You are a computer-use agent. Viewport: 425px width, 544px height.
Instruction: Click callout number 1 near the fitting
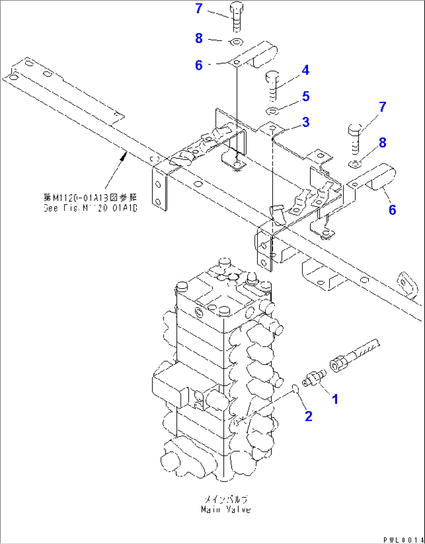tap(335, 399)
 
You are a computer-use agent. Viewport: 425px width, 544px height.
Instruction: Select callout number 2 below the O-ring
tap(308, 416)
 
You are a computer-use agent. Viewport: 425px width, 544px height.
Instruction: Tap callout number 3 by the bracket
tap(306, 122)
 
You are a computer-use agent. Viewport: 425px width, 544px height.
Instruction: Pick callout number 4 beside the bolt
tap(305, 70)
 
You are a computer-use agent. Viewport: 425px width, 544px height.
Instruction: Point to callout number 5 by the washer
tap(306, 96)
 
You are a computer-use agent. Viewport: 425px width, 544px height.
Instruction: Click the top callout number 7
tap(199, 8)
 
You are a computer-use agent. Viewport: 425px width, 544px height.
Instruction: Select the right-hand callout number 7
tap(382, 107)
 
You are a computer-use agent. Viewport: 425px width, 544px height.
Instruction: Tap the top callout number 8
tap(199, 38)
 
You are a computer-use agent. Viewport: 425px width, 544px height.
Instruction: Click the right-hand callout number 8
tap(382, 143)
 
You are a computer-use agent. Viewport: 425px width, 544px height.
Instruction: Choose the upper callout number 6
tap(199, 65)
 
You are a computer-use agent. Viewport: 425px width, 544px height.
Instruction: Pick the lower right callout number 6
tap(392, 210)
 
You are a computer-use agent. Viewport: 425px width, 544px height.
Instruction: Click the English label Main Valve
tap(226, 510)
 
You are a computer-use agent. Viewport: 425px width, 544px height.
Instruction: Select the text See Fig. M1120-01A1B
tap(90, 208)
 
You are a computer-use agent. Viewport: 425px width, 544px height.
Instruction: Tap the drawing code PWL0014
tap(403, 540)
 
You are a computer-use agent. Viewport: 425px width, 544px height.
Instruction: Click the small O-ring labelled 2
tap(295, 388)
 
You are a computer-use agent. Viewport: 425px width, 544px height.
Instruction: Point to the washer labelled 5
tap(272, 111)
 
